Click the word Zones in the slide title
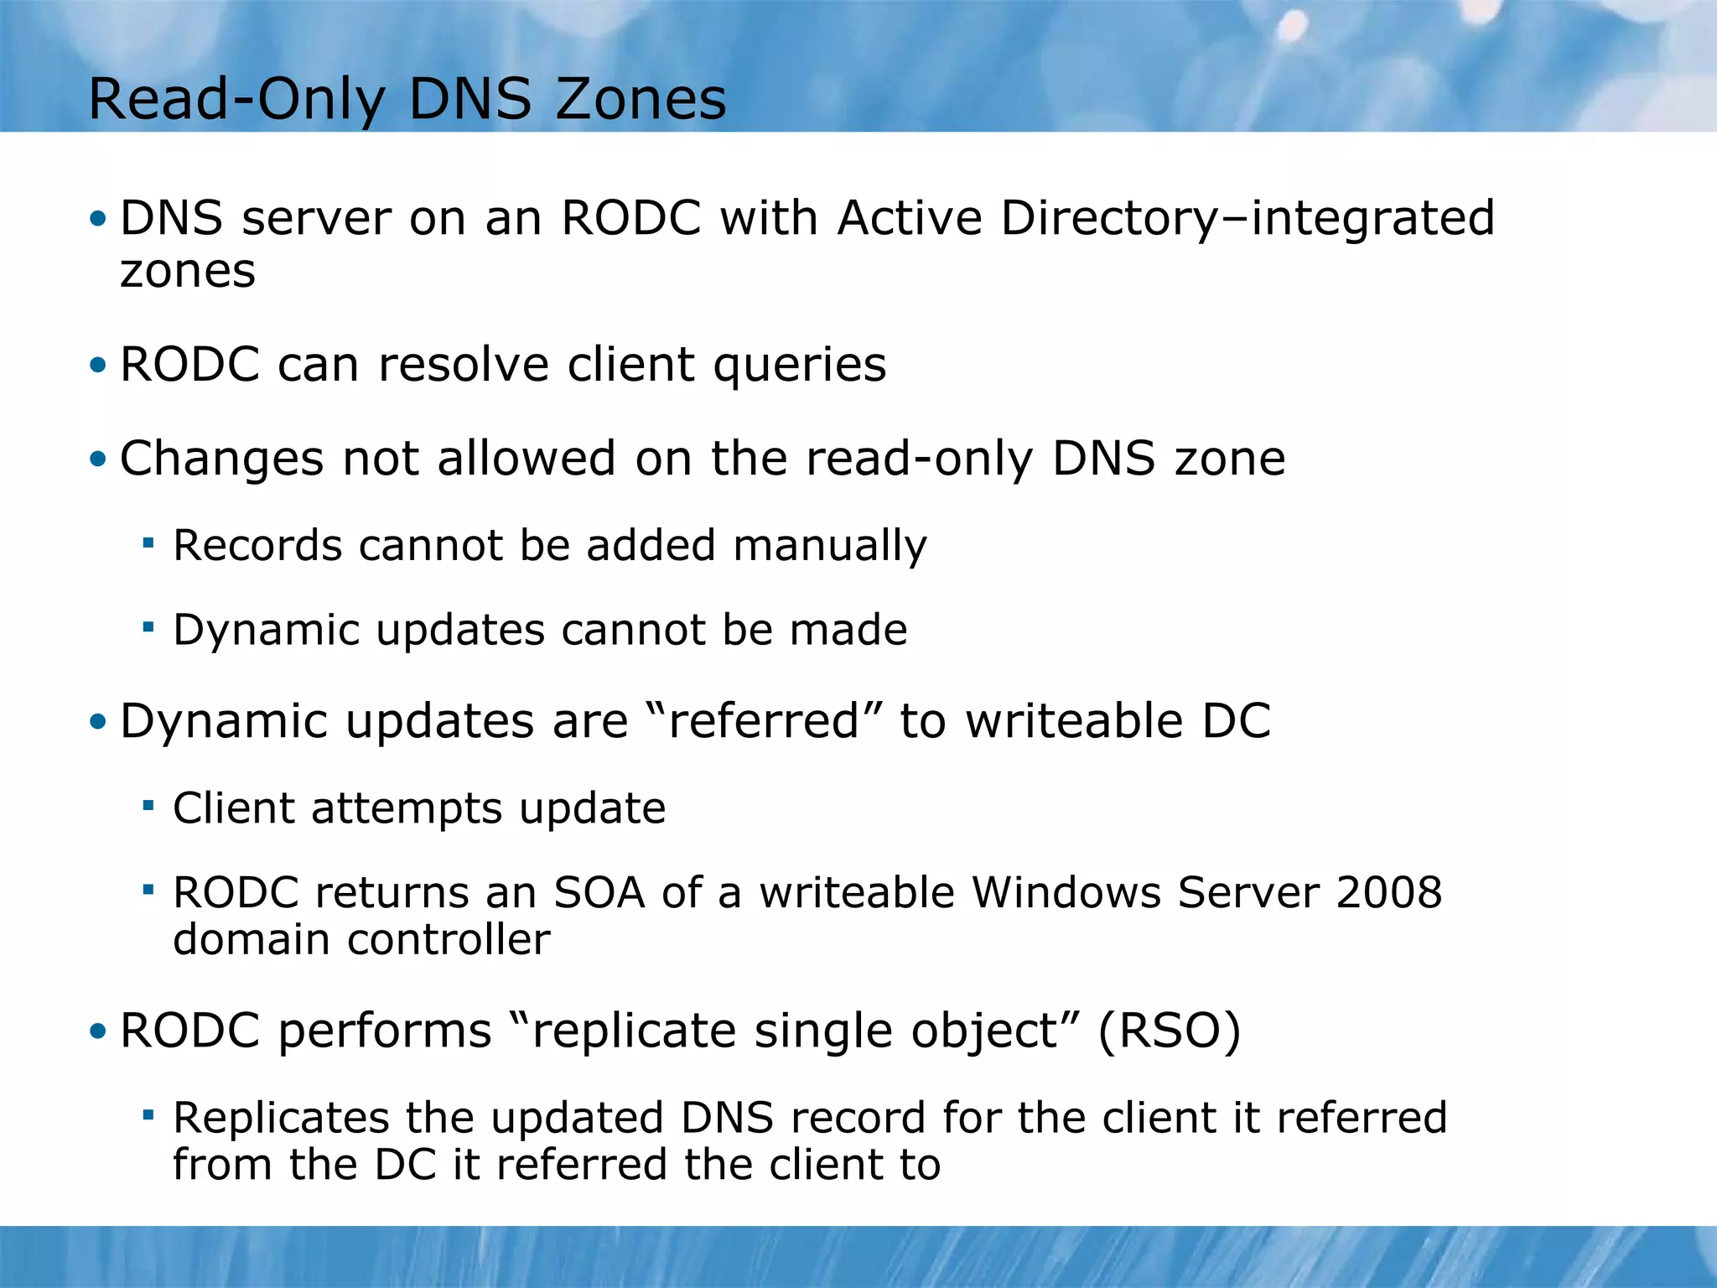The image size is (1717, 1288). click(641, 99)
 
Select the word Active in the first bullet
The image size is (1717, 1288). click(910, 218)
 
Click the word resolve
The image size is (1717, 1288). click(464, 365)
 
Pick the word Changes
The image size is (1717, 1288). click(222, 460)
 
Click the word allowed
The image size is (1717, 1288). click(526, 459)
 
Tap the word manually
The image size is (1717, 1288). click(830, 546)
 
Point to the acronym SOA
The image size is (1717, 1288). click(599, 892)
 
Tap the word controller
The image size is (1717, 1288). click(449, 939)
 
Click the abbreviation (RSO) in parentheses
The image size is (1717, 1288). click(1169, 1031)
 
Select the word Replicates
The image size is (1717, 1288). click(282, 1118)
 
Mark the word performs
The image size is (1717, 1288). click(385, 1031)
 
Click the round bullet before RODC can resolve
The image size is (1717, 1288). click(99, 366)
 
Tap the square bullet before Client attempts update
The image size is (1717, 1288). click(148, 806)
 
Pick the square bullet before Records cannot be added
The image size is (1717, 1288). click(148, 543)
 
